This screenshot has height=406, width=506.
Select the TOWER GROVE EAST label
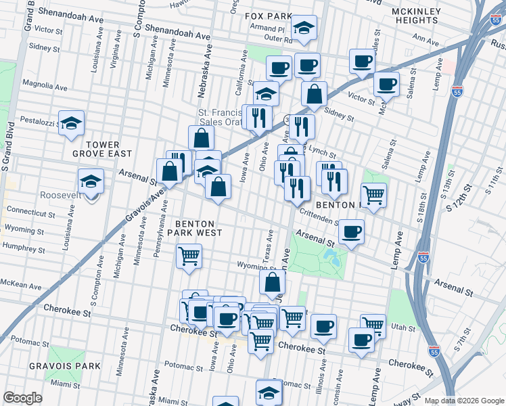103,150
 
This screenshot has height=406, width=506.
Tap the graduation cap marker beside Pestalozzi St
71,124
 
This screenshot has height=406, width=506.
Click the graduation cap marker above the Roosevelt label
91,181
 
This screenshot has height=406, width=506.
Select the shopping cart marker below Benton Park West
189,256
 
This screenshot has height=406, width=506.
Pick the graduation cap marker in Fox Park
304,28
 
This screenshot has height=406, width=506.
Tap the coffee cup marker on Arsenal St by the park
351,232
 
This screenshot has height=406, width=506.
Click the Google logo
22,398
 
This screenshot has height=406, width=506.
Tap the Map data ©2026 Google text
463,401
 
